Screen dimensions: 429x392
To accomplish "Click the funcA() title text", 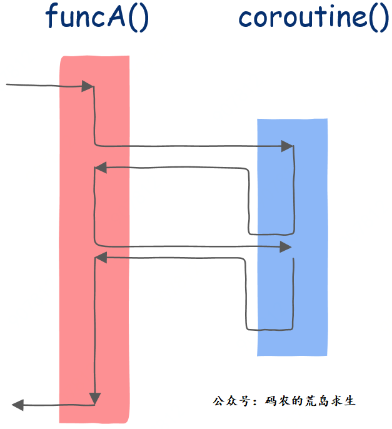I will coord(98,17).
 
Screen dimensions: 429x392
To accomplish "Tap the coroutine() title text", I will coord(313,17).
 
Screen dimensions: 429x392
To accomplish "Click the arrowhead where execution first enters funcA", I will coord(88,86).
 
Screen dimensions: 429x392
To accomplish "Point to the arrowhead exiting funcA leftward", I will coord(18,405).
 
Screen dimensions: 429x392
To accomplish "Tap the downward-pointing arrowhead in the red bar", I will coord(94,398).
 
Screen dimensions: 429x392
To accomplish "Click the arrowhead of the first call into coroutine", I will coord(287,146).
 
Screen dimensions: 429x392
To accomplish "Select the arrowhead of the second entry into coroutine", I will coord(286,248).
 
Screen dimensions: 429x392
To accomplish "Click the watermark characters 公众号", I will coord(227,400).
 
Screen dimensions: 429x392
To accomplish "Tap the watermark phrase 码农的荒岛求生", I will coord(310,400).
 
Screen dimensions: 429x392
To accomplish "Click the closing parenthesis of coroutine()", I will coord(383,18).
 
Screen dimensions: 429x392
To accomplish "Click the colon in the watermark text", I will coord(253,401).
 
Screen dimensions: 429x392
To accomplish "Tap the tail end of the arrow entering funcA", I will coord(8,84).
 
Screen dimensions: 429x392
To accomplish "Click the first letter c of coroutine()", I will coord(246,19).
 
